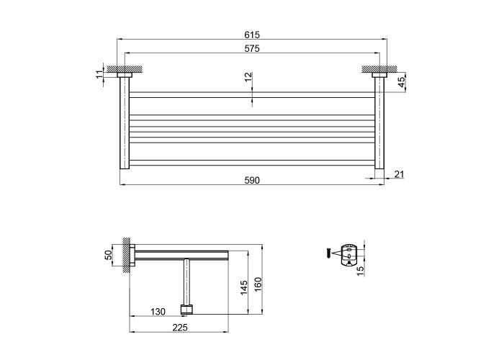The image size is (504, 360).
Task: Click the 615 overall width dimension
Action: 251,35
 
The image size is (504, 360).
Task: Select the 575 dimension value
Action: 251,48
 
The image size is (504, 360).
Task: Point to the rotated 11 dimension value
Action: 99,74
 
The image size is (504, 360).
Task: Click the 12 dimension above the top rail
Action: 248,77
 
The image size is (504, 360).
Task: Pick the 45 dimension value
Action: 402,83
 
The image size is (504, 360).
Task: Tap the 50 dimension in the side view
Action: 109,256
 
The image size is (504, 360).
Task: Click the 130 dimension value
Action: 158,312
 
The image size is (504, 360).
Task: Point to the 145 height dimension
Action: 243,287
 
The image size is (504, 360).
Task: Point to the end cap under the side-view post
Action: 187,310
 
